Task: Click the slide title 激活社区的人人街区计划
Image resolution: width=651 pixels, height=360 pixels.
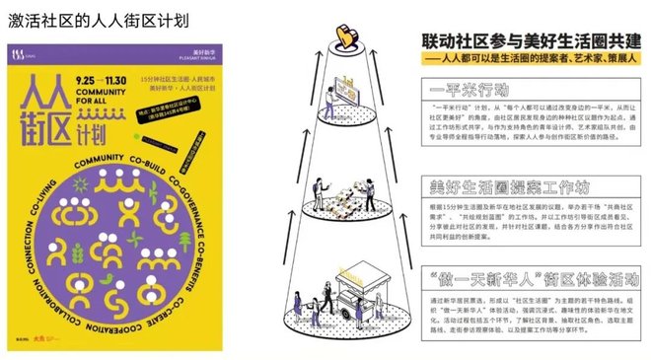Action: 100,20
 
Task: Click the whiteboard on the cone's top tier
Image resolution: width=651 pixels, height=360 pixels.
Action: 348,96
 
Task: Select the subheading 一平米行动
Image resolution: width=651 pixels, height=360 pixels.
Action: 471,89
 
